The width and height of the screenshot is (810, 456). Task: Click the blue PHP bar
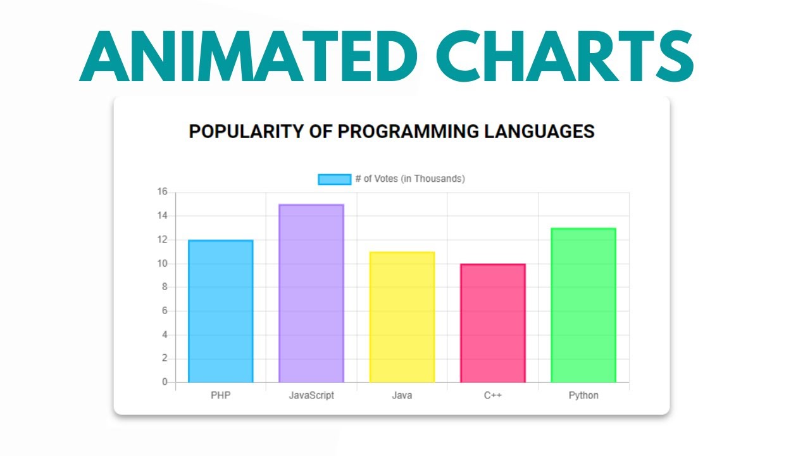click(x=221, y=311)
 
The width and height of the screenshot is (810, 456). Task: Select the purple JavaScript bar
click(x=311, y=293)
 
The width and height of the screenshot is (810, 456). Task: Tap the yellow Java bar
click(x=402, y=317)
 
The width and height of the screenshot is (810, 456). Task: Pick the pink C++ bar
click(x=493, y=323)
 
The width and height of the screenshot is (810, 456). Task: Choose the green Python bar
click(x=583, y=305)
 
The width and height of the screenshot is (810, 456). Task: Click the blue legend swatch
click(x=334, y=179)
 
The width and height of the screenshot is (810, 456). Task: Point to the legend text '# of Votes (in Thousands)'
click(x=410, y=179)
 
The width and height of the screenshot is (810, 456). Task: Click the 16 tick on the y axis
click(x=162, y=192)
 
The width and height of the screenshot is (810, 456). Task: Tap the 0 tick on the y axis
click(x=165, y=382)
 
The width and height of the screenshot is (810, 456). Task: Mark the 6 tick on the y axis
click(x=165, y=311)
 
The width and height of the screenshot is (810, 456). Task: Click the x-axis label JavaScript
click(x=311, y=396)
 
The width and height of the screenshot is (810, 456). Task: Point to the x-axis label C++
click(x=493, y=396)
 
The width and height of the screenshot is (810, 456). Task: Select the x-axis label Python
click(x=583, y=396)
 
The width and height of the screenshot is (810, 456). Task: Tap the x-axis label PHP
click(x=221, y=396)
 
